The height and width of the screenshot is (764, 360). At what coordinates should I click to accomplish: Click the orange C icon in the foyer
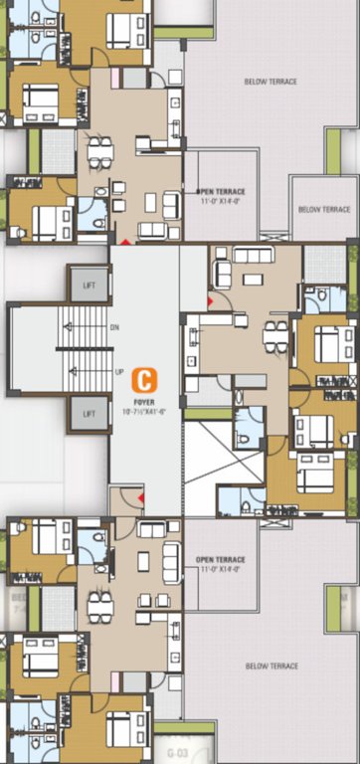point(145,379)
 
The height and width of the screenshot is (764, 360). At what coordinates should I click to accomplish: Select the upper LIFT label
point(90,286)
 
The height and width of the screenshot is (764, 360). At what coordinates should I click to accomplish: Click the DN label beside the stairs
point(114,326)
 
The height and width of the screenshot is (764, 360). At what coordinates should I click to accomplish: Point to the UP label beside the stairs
point(119,372)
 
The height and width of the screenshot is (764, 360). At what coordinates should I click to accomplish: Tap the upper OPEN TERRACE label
point(221,191)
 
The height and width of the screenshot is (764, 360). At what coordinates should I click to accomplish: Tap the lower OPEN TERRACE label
point(221,559)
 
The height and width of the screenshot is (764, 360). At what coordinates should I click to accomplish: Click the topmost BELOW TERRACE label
point(270,82)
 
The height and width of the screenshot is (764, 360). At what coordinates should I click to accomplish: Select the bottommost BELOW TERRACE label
point(270,667)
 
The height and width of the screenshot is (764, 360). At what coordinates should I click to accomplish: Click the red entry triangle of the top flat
point(124,241)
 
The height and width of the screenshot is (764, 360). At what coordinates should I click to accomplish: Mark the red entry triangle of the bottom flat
point(141,496)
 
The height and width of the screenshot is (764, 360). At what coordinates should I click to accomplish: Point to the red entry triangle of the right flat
point(209,299)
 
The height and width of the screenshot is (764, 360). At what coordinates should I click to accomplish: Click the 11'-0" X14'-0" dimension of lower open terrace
point(221,570)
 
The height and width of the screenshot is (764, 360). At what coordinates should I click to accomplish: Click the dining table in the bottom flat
point(99,606)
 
